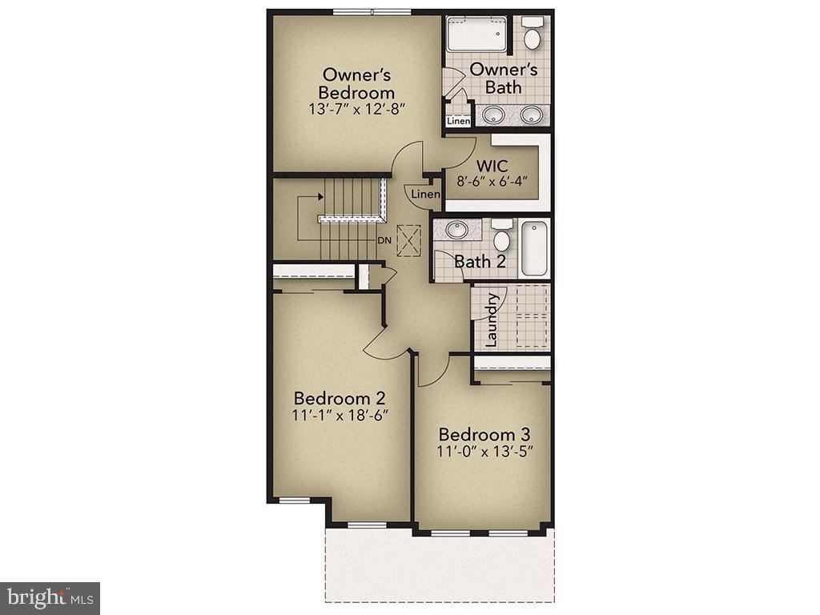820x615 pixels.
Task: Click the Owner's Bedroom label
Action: pyautogui.click(x=356, y=84)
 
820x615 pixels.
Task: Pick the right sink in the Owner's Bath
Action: pyautogui.click(x=532, y=115)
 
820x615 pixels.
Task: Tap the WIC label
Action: pyautogui.click(x=492, y=166)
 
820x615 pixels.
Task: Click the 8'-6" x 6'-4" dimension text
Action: pyautogui.click(x=492, y=182)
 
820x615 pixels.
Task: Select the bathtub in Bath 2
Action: pyautogui.click(x=534, y=248)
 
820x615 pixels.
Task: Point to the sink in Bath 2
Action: pyautogui.click(x=457, y=230)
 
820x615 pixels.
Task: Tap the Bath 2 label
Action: pyautogui.click(x=480, y=261)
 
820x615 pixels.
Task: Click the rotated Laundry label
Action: pyautogui.click(x=492, y=320)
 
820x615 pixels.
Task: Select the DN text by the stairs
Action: pyautogui.click(x=384, y=239)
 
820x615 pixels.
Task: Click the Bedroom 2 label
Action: pyautogui.click(x=340, y=398)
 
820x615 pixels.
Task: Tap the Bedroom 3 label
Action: pyautogui.click(x=484, y=434)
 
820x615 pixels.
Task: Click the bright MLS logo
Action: pyautogui.click(x=50, y=597)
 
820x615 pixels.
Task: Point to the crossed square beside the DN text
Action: pyautogui.click(x=409, y=239)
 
